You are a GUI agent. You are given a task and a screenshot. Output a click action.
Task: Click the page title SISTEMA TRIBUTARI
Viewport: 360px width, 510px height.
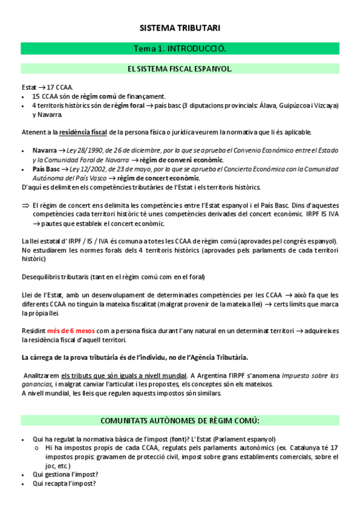[x=180, y=28]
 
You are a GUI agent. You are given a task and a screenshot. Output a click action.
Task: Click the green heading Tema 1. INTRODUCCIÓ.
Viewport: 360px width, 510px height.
[x=180, y=48]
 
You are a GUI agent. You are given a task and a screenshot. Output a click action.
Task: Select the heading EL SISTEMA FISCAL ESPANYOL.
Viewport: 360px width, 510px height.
[x=180, y=69]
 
